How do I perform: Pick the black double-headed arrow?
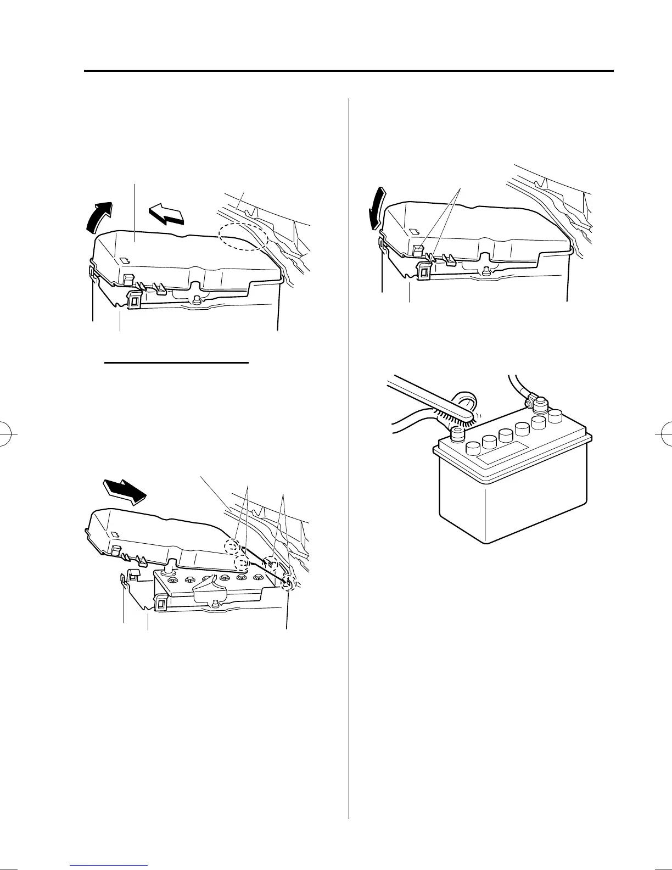click(x=125, y=490)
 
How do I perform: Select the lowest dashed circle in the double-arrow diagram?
click(x=287, y=584)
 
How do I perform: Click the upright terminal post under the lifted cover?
click(x=170, y=564)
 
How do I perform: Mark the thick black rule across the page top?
click(x=348, y=71)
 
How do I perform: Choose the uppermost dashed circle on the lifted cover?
click(x=232, y=546)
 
